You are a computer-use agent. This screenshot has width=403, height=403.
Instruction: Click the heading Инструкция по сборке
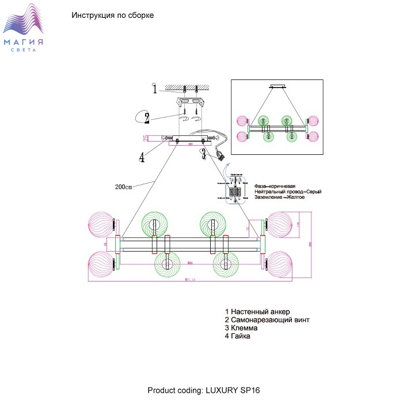coord(112,16)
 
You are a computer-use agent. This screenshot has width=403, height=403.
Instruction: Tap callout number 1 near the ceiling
coord(154,89)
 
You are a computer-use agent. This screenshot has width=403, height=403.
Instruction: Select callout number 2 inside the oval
coord(147,119)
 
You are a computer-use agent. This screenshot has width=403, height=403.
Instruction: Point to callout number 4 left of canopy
coord(141,157)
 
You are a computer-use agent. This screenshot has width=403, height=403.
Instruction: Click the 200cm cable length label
coord(124,187)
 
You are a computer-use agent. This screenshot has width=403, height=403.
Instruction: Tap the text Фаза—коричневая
coord(275,186)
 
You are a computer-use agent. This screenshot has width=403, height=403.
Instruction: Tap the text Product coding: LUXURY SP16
coord(204,390)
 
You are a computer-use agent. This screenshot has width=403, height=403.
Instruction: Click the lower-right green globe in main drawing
coord(227,266)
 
